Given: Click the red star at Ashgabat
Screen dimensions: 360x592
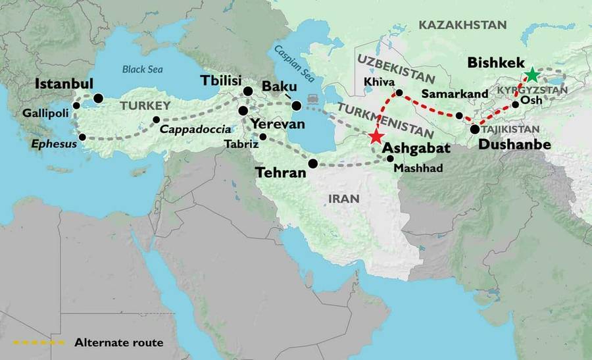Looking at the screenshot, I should pos(376,137).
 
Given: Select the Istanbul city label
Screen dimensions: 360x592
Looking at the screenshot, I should pos(64,84).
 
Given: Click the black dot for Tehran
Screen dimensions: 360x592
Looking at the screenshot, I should pos(313,163).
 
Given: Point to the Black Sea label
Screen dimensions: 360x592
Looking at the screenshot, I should pos(143,68).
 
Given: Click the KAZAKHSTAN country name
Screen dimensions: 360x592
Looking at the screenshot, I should pos(463,25).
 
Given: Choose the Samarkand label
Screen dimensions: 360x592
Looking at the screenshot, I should pos(455,93).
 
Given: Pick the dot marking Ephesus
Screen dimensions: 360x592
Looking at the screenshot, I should pos(82,138).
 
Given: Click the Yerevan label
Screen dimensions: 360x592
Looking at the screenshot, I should pos(278,124).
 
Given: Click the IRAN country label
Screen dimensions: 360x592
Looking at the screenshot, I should pos(345,198).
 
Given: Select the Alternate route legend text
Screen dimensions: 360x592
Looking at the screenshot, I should pos(119,342).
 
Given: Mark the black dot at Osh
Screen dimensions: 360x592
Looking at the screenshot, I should pos(515,104).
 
